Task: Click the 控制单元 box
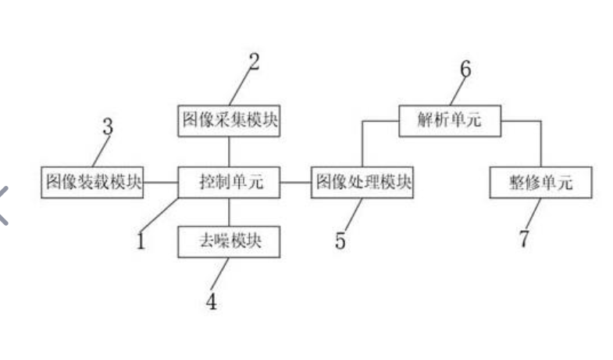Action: point(229,183)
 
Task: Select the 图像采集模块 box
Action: point(229,121)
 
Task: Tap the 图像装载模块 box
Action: point(93,183)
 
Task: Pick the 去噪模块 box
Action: point(229,242)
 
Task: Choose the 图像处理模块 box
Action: point(363,183)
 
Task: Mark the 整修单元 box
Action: point(540,183)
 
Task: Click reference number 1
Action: point(141,241)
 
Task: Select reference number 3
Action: point(108,126)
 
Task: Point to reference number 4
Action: point(211,301)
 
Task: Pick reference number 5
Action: point(340,241)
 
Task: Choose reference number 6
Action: point(465,70)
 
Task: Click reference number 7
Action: point(524,239)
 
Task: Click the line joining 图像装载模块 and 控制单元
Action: point(161,183)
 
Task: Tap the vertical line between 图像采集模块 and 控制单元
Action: point(229,151)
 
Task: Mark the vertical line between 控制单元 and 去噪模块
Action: point(229,212)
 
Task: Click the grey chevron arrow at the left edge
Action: point(6,205)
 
